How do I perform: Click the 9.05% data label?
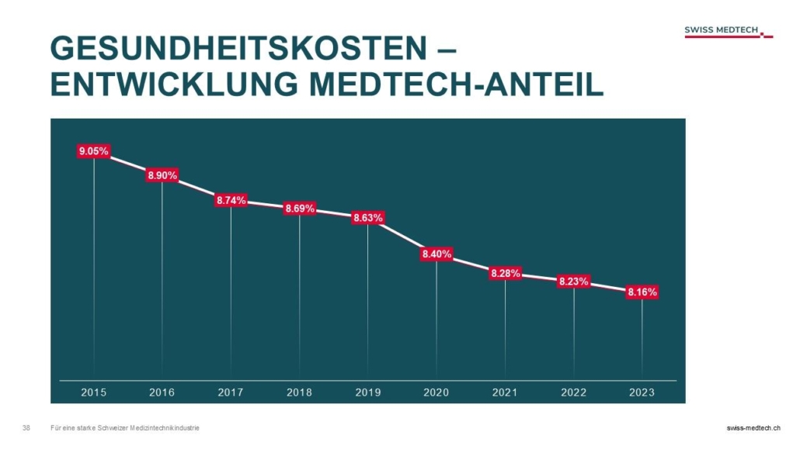(93, 151)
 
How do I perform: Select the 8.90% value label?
(162, 176)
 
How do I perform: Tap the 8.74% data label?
(231, 200)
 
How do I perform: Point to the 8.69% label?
(300, 209)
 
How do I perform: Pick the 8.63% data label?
(368, 218)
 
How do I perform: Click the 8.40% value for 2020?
(437, 254)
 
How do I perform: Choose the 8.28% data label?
(505, 273)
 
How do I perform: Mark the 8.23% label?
(574, 281)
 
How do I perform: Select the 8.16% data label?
(642, 292)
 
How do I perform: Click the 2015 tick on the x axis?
(94, 393)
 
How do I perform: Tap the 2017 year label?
(231, 393)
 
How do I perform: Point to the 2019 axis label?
(368, 393)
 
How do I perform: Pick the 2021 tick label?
(505, 393)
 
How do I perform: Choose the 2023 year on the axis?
(642, 393)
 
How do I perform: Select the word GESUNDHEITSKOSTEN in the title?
(232, 50)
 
